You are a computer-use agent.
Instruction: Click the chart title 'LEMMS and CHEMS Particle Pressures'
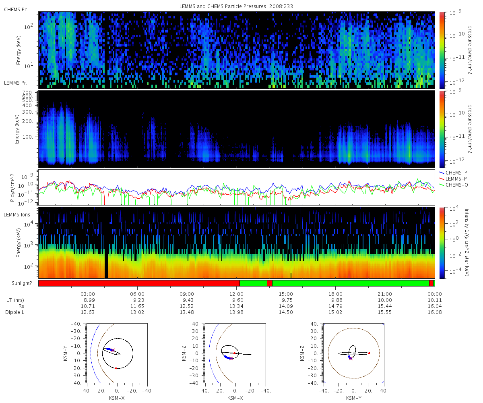coord(223,6)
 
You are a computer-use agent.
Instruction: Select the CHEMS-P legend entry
coord(453,173)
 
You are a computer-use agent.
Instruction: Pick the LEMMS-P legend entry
coord(453,179)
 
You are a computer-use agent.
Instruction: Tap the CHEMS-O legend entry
coord(453,185)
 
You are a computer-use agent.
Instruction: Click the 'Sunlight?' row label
coord(22,283)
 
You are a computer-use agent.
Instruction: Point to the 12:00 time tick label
coord(236,294)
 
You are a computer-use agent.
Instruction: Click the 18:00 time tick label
coord(335,294)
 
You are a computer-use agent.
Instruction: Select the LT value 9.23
coord(137,300)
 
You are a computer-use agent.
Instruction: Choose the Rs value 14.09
coord(286,306)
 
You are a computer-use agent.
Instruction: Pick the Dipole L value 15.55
coord(385,312)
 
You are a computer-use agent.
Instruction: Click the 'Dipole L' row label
coord(15,312)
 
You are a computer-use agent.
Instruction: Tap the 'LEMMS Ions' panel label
coord(17,215)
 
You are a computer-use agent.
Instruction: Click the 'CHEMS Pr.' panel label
coord(16,10)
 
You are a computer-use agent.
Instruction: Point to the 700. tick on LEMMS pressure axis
coord(27,93)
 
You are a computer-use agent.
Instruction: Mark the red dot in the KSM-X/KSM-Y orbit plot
coord(116,368)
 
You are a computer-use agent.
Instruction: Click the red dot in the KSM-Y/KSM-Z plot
coord(369,353)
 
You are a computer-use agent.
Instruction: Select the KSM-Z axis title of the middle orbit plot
coord(184,353)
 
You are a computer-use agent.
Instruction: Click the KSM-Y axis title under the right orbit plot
coord(354,398)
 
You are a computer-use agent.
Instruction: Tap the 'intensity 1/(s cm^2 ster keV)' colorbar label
coord(467,242)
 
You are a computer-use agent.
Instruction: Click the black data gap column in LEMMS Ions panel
coord(106,264)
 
